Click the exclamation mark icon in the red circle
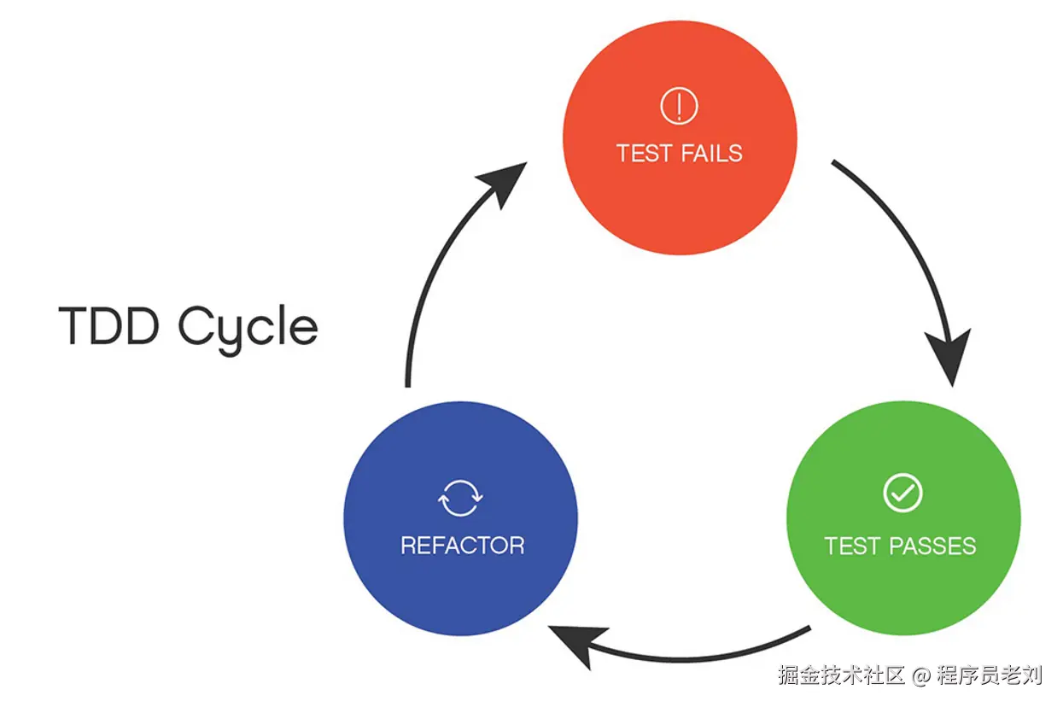679,106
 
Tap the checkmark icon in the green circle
902,493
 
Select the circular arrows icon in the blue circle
460,498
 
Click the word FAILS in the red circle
711,153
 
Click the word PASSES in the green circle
932,546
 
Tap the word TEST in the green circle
853,546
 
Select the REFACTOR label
463,546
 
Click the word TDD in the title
108,325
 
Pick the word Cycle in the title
248,329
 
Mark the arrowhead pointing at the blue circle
577,646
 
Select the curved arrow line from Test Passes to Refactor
683,658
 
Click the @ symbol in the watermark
920,675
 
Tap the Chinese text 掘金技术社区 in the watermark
841,675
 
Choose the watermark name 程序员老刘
990,675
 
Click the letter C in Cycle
193,325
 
